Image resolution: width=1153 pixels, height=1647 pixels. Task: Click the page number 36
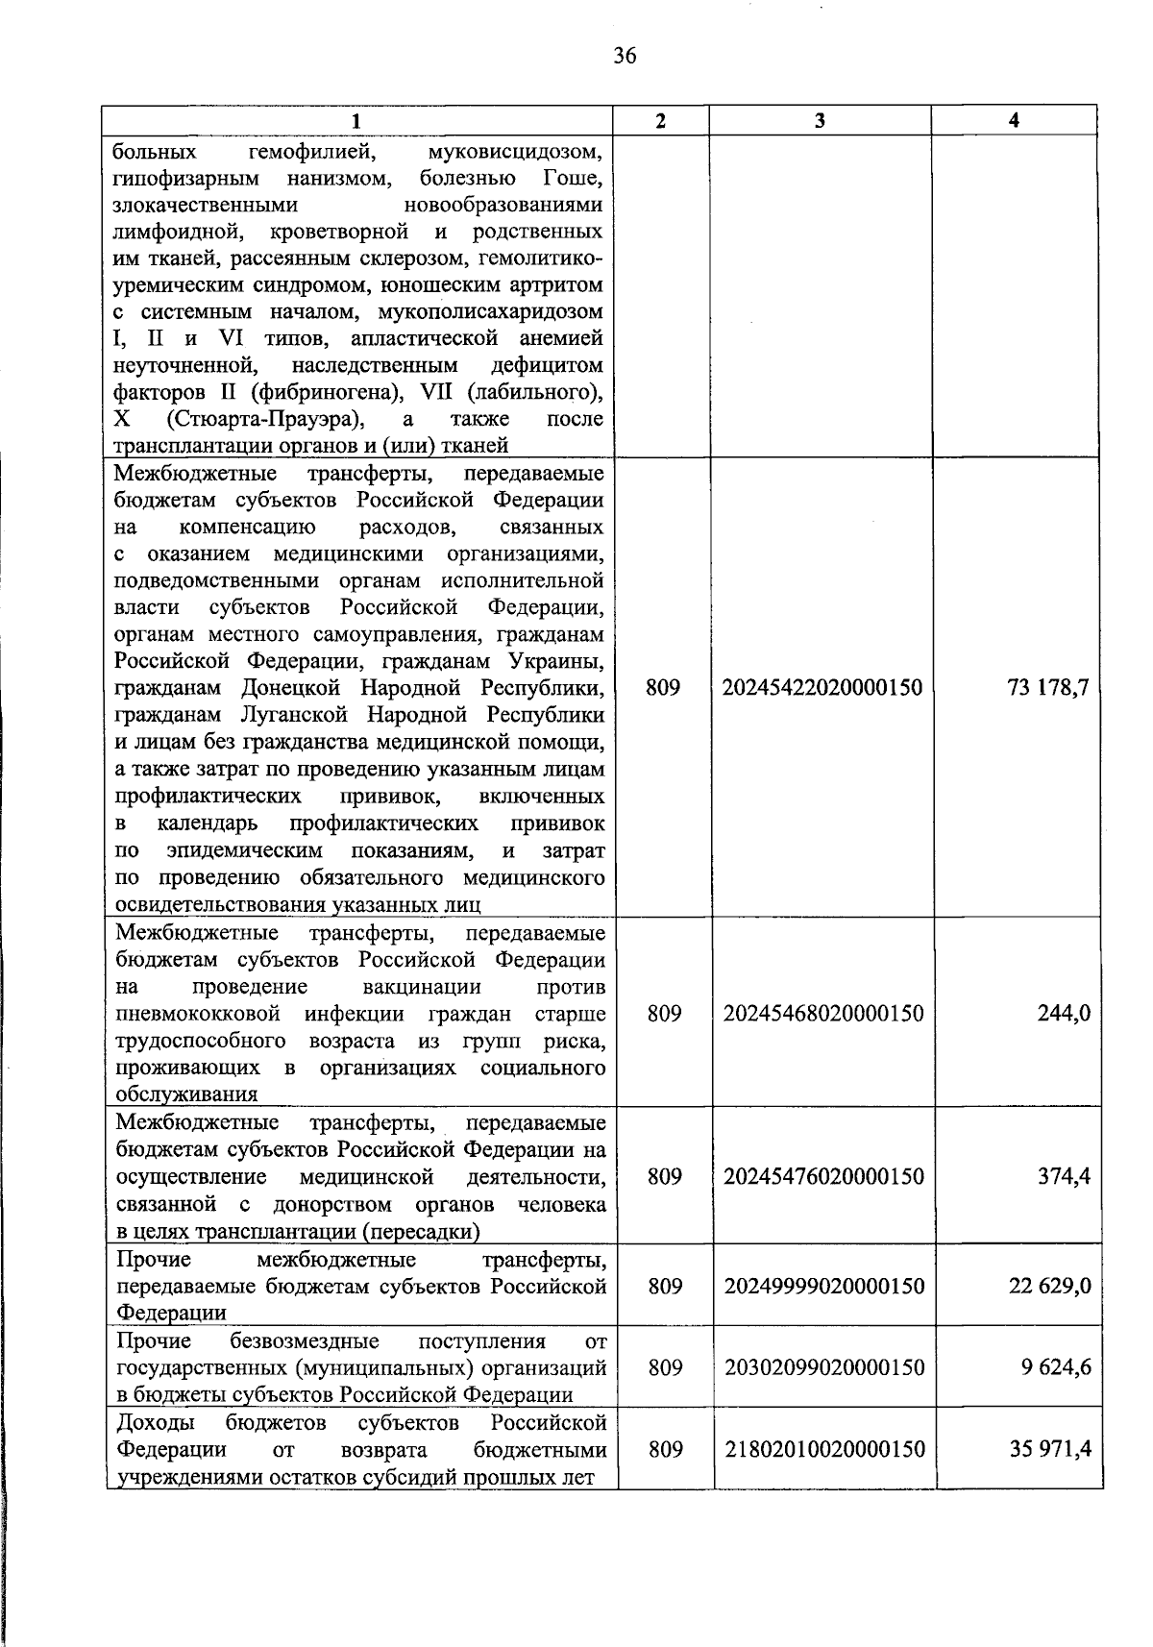click(625, 57)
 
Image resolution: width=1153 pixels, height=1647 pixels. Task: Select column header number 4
click(1014, 120)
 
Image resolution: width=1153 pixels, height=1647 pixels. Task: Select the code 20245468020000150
click(823, 1014)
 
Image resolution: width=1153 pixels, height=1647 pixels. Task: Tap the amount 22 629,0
click(1049, 1286)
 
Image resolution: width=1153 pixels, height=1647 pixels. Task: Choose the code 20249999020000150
click(823, 1286)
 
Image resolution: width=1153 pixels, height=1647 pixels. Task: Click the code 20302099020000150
click(823, 1367)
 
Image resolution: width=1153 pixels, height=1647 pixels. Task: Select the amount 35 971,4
click(1049, 1449)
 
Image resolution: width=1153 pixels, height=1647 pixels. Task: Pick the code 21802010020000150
click(823, 1449)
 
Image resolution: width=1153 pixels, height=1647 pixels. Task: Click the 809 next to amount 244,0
click(664, 1014)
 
